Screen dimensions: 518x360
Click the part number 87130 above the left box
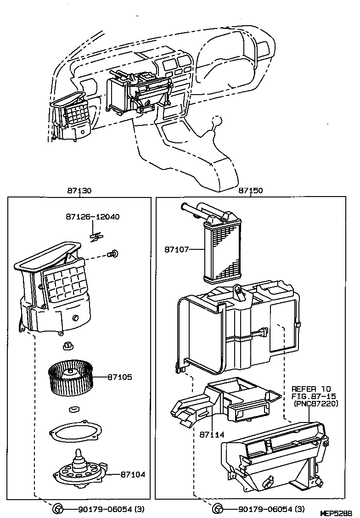[79, 191]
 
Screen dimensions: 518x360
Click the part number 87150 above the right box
[250, 191]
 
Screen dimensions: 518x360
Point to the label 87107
[177, 249]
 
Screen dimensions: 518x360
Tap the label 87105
[120, 377]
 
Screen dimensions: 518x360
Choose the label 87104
[133, 474]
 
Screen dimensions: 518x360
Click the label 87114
[211, 434]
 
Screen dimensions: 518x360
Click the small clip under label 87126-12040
[96, 236]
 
